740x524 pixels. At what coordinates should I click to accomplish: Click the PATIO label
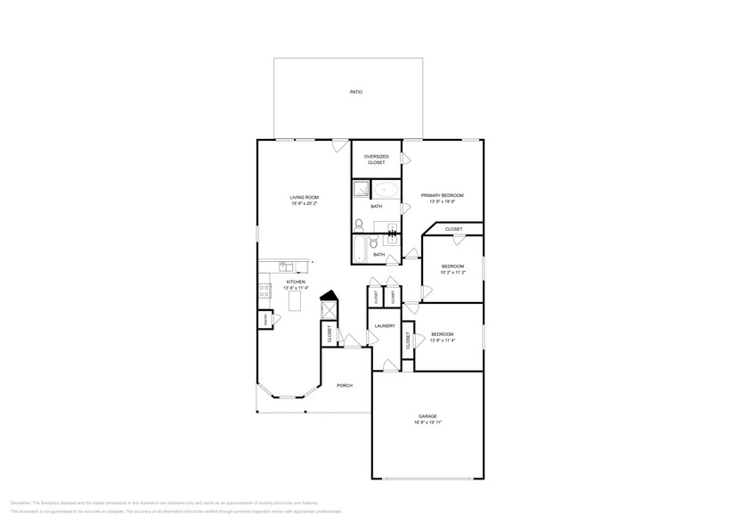tap(356, 92)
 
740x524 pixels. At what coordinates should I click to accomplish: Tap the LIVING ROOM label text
tap(304, 197)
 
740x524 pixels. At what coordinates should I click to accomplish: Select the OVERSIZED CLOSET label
tap(376, 160)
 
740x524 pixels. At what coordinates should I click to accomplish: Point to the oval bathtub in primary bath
tap(386, 189)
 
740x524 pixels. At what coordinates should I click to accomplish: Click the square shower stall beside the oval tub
tap(361, 189)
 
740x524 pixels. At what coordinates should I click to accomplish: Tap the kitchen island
tap(296, 301)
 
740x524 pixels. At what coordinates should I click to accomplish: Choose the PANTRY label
tap(264, 320)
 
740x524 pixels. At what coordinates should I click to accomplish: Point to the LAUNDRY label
tap(385, 326)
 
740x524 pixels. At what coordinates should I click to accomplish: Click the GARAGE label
tap(427, 416)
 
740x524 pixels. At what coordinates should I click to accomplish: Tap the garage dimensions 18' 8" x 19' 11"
tap(427, 422)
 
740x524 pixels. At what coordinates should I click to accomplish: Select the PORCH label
tap(344, 385)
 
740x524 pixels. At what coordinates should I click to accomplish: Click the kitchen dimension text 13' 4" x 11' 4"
tap(296, 288)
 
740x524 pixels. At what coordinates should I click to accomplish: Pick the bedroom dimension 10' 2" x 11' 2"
tap(453, 273)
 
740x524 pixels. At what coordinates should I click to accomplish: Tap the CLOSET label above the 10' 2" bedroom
tap(453, 229)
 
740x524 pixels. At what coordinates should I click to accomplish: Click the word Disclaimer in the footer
tap(21, 504)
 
